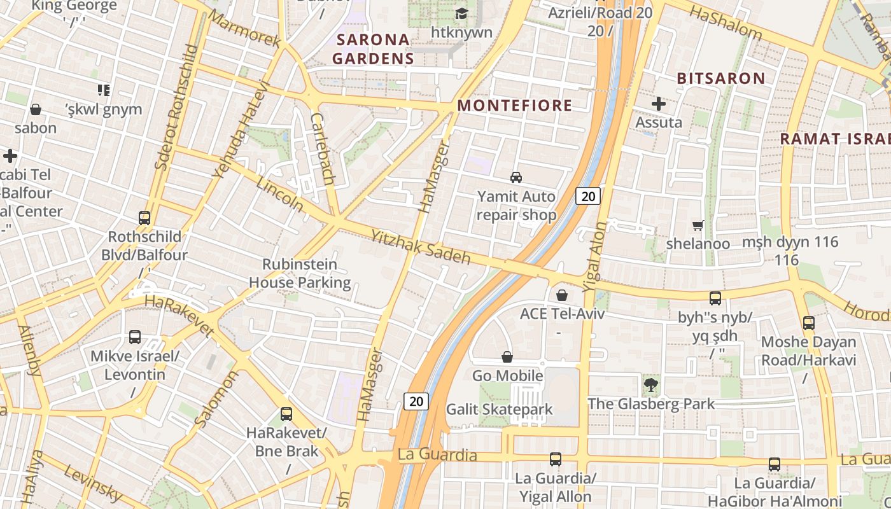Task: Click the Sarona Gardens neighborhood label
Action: (x=374, y=49)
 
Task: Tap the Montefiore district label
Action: (x=515, y=106)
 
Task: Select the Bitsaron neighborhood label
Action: (x=720, y=79)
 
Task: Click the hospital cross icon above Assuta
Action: (x=659, y=103)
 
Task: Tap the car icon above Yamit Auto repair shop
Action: (x=516, y=178)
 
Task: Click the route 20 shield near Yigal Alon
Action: (x=588, y=196)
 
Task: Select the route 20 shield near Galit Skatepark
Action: (x=416, y=401)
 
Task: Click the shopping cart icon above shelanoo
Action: (x=698, y=225)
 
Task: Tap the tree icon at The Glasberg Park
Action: (x=650, y=384)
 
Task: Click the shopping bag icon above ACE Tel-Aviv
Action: (x=562, y=295)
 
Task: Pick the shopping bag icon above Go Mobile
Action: (x=507, y=357)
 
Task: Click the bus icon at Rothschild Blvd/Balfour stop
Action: (x=144, y=218)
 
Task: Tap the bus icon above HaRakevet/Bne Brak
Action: (x=286, y=414)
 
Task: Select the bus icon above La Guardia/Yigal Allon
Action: (x=556, y=459)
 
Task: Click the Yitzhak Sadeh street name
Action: (x=420, y=247)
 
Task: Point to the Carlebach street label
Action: (x=322, y=149)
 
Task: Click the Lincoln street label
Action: (x=280, y=193)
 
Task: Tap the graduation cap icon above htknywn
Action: (x=461, y=13)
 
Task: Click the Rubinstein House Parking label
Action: (x=299, y=273)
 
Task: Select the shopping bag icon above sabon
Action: (x=36, y=109)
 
